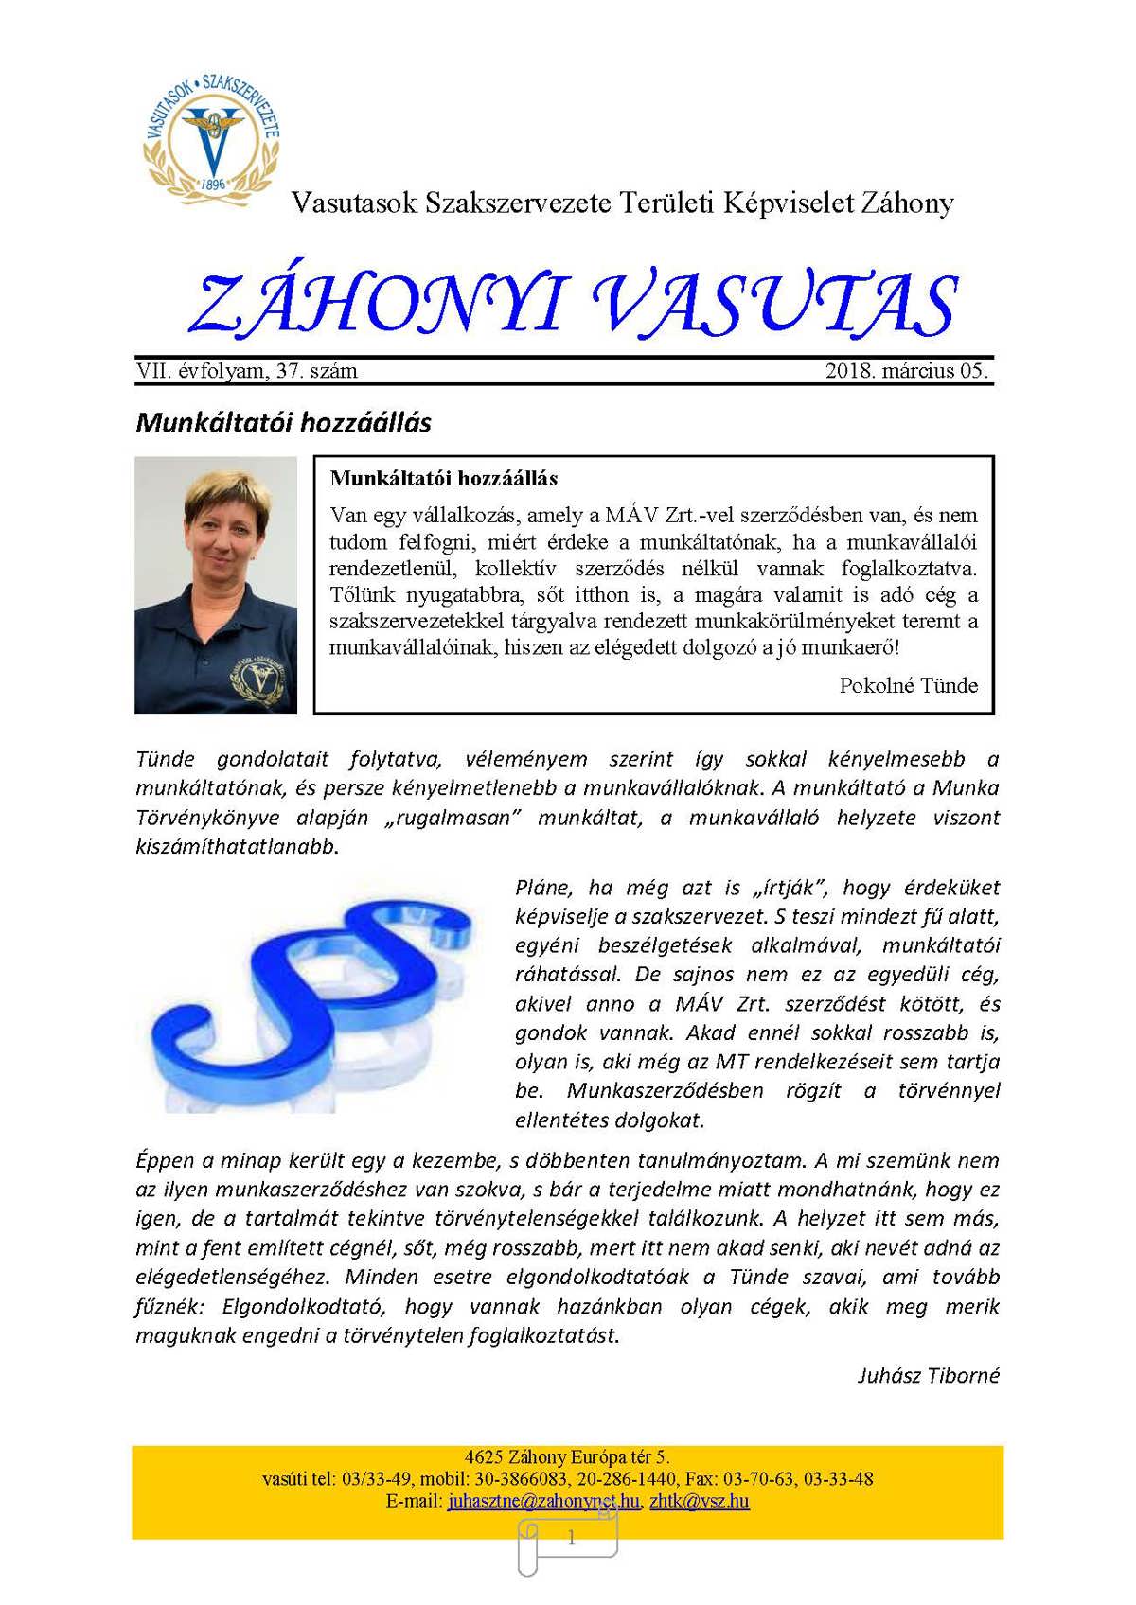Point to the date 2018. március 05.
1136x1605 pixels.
[906, 371]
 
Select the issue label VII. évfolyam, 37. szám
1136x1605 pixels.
[247, 371]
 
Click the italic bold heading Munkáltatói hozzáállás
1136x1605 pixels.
[283, 422]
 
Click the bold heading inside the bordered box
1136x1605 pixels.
[443, 478]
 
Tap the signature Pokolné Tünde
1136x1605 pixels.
[908, 685]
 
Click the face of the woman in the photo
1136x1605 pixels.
[220, 533]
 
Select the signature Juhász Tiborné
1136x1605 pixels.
[928, 1375]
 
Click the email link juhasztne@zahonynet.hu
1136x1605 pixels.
[543, 1501]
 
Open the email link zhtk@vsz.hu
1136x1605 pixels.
[700, 1501]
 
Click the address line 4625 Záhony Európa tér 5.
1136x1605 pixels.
[567, 1457]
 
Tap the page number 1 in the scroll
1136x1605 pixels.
[571, 1539]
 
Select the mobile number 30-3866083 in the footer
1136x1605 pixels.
[522, 1479]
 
